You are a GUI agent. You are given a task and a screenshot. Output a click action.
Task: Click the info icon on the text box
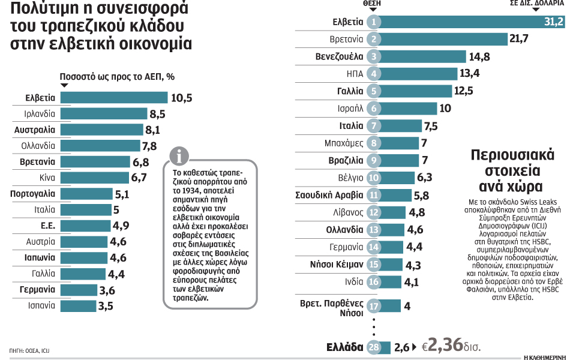179,157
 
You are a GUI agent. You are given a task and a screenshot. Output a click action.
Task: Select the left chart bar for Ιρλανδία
104,113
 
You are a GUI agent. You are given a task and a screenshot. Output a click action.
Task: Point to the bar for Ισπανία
78,305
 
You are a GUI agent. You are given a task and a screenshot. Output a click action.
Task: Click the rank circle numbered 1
373,22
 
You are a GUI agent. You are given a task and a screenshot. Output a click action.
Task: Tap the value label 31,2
552,22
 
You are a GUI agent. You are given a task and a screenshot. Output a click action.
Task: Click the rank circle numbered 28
374,347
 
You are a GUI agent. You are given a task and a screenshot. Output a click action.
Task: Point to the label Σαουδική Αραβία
329,195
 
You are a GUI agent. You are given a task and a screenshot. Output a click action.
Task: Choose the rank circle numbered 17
374,306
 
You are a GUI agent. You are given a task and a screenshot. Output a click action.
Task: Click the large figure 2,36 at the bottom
445,345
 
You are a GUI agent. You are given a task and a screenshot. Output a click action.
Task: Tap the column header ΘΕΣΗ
372,3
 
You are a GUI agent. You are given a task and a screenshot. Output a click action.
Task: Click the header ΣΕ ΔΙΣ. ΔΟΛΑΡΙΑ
536,3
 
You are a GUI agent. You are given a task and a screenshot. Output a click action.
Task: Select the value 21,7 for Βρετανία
501,40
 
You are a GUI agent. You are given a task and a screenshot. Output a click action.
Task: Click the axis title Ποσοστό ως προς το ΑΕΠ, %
117,77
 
